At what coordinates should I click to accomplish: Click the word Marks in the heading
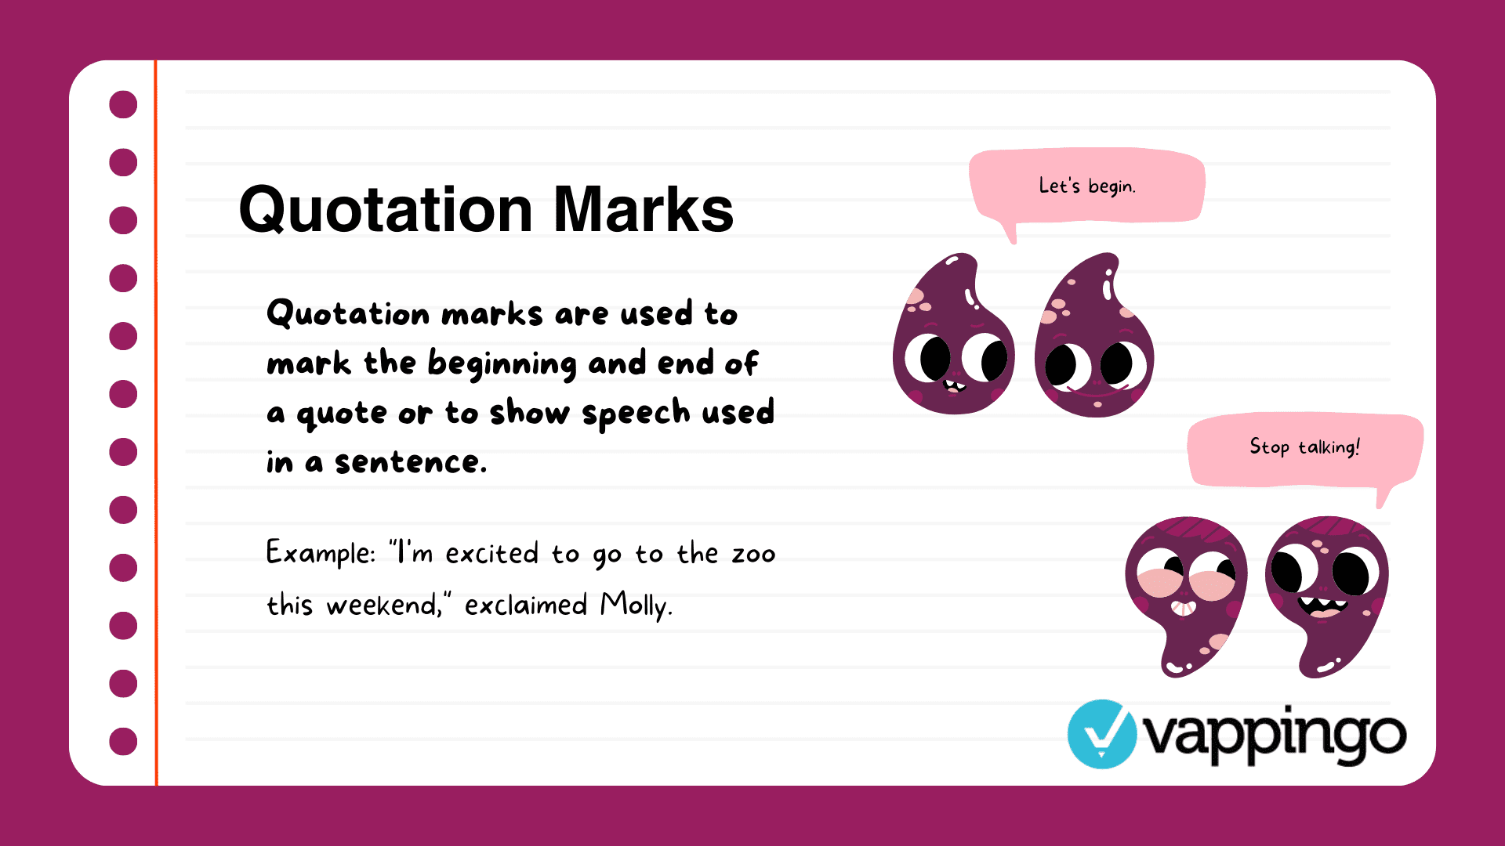(643, 210)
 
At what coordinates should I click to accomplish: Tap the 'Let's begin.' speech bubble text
(1086, 186)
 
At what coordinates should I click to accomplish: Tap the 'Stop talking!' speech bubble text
(1304, 447)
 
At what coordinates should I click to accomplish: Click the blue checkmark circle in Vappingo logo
(1101, 734)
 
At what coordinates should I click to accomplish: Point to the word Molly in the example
(635, 606)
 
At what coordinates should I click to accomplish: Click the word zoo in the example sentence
(753, 554)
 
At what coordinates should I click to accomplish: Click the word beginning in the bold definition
(502, 364)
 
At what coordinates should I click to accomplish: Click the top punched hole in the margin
(123, 104)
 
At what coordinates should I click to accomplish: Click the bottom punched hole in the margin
(123, 741)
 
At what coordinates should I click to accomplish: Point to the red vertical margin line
(156, 423)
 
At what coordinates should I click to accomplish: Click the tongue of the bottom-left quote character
(1183, 608)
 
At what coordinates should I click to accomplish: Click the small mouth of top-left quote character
(954, 385)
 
